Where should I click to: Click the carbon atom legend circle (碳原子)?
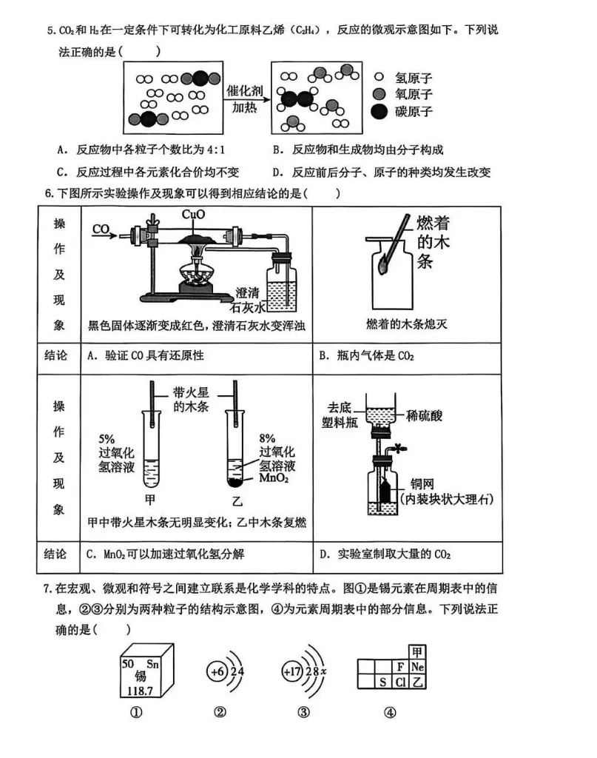coord(380,111)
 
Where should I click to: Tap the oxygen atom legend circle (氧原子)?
coord(380,94)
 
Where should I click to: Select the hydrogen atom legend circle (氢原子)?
coord(380,77)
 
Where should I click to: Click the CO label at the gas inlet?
coord(102,230)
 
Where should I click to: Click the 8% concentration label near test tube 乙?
coord(267,438)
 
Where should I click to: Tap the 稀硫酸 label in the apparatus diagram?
coord(424,416)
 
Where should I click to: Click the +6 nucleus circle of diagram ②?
coord(217,672)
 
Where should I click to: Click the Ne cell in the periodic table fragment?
coord(419,665)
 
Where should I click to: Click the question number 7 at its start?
coord(48,589)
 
